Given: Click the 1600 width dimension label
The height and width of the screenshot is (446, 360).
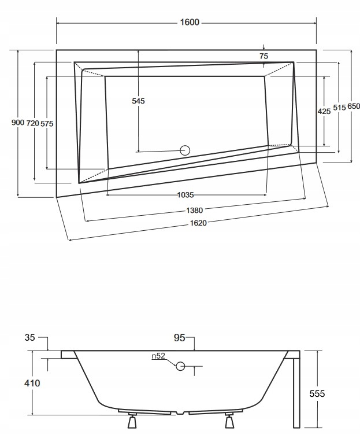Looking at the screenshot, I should (190, 23).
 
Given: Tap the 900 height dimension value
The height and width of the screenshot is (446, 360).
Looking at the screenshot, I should (17, 123).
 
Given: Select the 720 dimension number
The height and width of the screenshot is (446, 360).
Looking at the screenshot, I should (32, 123).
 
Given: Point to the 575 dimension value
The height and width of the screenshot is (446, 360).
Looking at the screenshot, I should (47, 123).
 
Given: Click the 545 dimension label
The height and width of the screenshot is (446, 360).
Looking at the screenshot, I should (138, 101).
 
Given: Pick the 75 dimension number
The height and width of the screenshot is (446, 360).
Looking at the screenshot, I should (263, 56).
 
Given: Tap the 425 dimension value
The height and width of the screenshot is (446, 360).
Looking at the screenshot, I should (324, 111).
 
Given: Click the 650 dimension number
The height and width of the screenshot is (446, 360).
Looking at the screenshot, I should (353, 106).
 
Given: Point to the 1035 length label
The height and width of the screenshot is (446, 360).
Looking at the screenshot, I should (185, 194).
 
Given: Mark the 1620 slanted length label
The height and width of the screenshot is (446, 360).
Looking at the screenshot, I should (198, 223).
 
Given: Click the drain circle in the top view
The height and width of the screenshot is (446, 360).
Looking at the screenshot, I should (185, 150).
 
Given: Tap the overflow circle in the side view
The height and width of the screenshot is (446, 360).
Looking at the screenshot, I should (180, 366).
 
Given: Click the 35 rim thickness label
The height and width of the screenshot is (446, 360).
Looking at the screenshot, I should (30, 337).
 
